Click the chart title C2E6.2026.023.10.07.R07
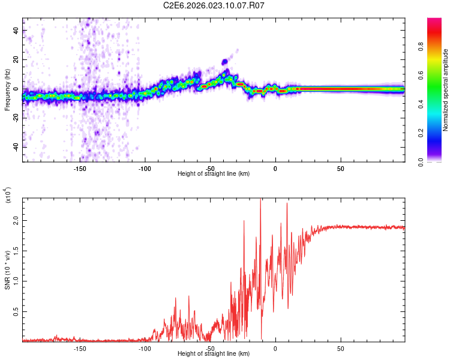pyautogui.click(x=214, y=5)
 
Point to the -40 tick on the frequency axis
pyautogui.click(x=16, y=147)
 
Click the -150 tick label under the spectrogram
pyautogui.click(x=79, y=168)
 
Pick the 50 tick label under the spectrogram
pyautogui.click(x=340, y=168)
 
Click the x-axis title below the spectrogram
pyautogui.click(x=214, y=174)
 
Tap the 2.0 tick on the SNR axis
pyautogui.click(x=16, y=221)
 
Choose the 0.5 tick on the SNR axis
pyautogui.click(x=16, y=313)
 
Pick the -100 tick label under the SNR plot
pyautogui.click(x=145, y=349)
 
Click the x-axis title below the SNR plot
pyautogui.click(x=214, y=354)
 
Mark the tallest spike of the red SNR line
pyautogui.click(x=260, y=200)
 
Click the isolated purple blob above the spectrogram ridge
pyautogui.click(x=225, y=62)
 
